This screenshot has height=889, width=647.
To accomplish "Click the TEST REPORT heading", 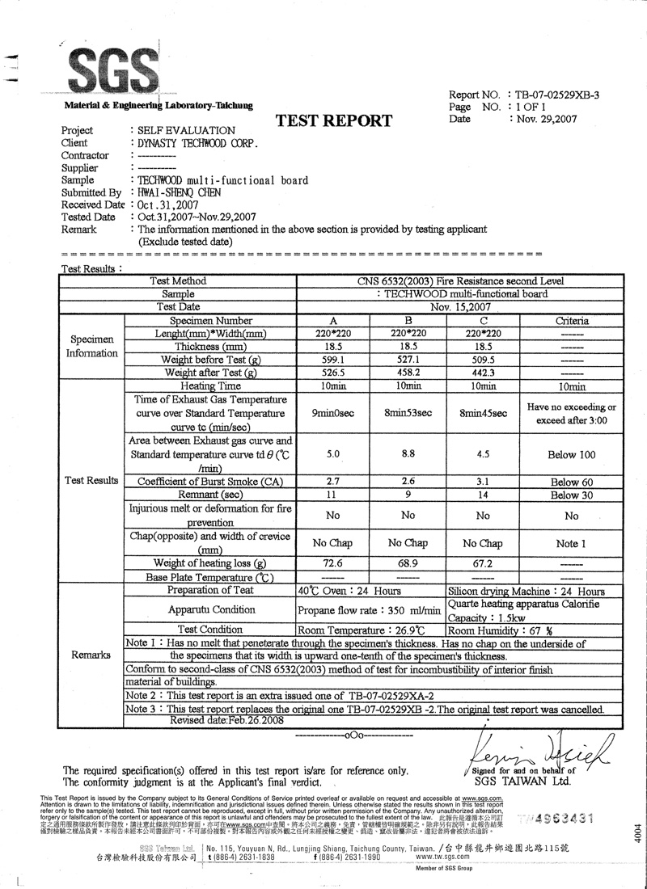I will click(334, 122).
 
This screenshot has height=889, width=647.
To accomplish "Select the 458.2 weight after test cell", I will click(408, 373).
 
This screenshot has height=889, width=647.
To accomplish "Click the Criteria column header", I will click(572, 321).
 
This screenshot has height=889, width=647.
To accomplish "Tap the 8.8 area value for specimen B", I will click(408, 454).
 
